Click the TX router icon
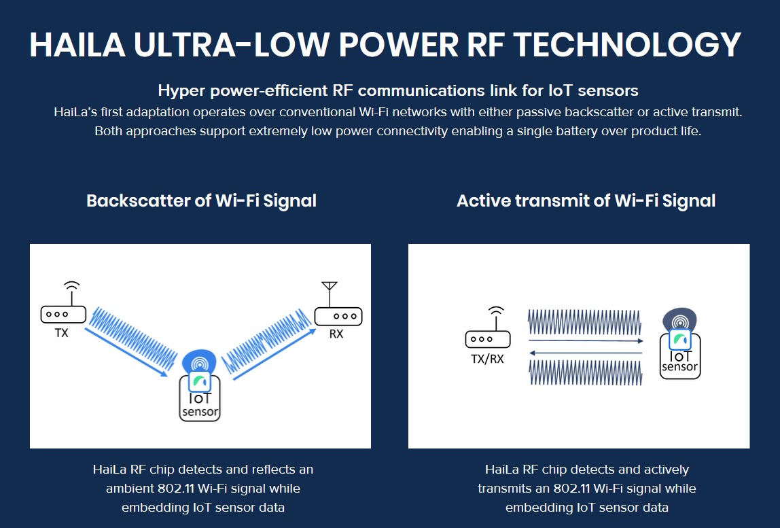pyautogui.click(x=63, y=314)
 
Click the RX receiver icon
pyautogui.click(x=338, y=316)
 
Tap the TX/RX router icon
pyautogui.click(x=487, y=338)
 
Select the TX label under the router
pyautogui.click(x=62, y=334)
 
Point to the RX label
pyautogui.click(x=336, y=334)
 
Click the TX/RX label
pyautogui.click(x=487, y=359)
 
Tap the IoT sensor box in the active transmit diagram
pyautogui.click(x=679, y=359)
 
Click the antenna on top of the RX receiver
pyautogui.click(x=329, y=294)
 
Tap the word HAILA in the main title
pyautogui.click(x=76, y=46)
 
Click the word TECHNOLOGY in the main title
pyautogui.click(x=626, y=46)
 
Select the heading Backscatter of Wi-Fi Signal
pyautogui.click(x=201, y=201)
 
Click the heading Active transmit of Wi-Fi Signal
pyautogui.click(x=586, y=201)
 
